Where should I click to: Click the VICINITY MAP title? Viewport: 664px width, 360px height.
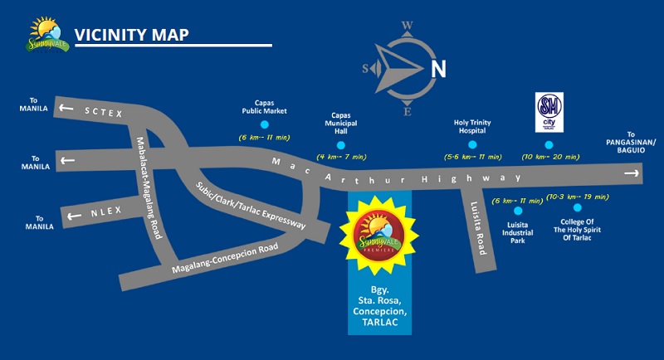(x=131, y=35)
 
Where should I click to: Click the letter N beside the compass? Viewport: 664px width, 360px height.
(x=438, y=68)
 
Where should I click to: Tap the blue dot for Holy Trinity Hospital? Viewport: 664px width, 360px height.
(x=472, y=144)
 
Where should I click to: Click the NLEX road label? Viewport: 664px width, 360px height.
(x=106, y=211)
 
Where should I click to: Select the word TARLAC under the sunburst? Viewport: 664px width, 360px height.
(x=378, y=322)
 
